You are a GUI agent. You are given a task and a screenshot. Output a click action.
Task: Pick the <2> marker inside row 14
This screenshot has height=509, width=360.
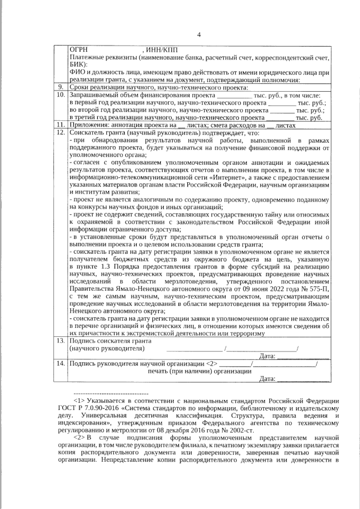(211, 363)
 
